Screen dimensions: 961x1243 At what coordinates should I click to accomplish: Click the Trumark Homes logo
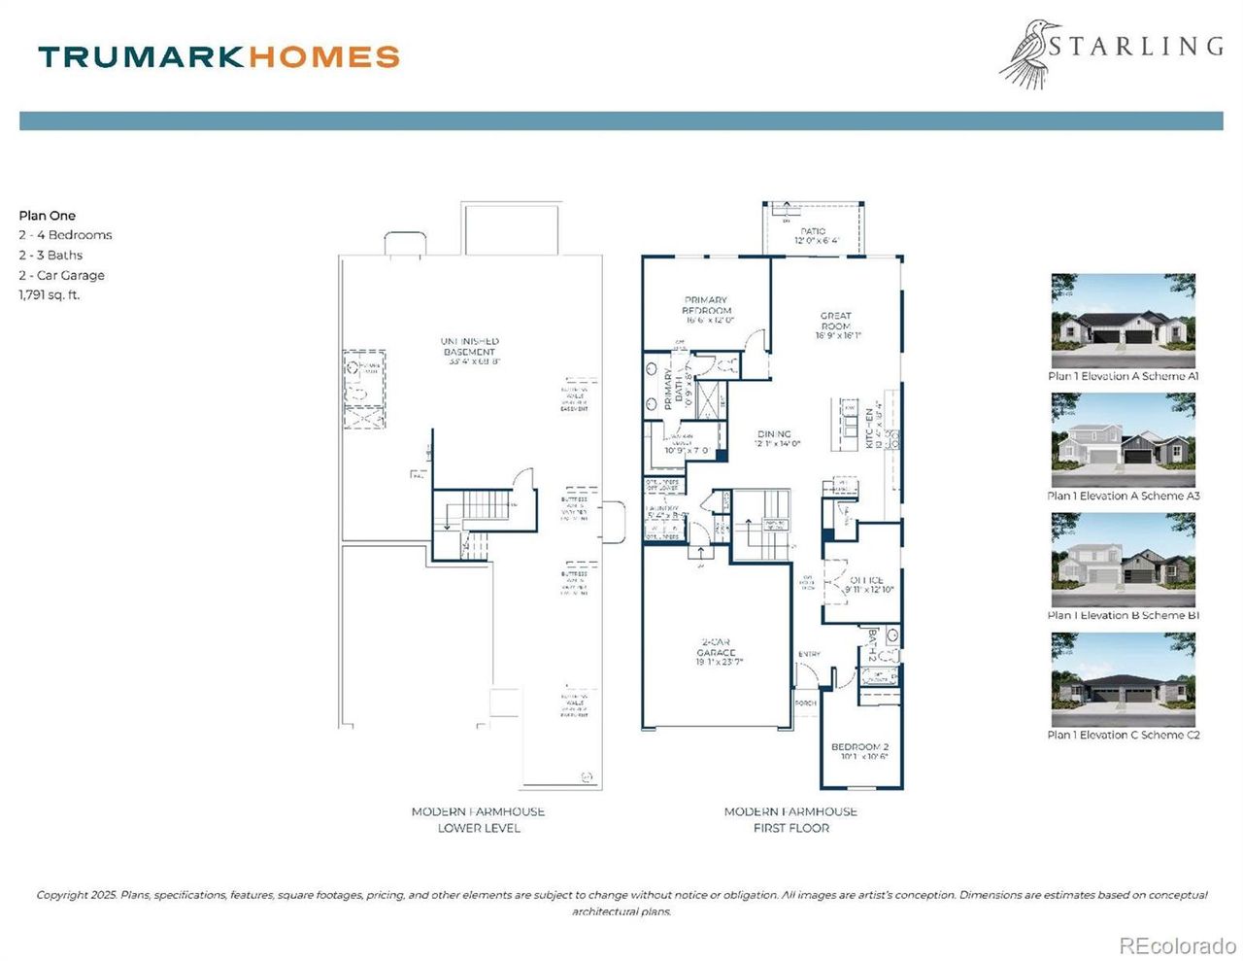coord(218,56)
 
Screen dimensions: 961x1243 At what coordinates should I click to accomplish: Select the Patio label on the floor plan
coord(814,236)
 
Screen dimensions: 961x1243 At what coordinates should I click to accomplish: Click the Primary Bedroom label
coord(706,310)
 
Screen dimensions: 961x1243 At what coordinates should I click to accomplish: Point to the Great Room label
coord(836,326)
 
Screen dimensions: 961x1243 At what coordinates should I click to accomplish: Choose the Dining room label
coord(775,439)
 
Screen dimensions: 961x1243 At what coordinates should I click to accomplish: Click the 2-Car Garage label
coord(716,652)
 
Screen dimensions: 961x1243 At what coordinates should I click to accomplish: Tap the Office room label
coord(867,585)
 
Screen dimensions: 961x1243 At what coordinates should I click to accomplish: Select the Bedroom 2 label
coord(859,751)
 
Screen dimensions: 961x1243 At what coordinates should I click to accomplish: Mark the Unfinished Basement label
coord(470,351)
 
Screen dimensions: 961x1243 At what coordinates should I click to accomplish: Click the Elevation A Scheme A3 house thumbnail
coord(1123,440)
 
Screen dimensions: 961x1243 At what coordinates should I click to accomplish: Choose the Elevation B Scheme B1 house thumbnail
coord(1123,560)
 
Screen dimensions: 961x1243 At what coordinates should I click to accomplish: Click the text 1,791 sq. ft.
coord(50,295)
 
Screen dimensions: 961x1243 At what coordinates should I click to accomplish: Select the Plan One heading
coord(48,216)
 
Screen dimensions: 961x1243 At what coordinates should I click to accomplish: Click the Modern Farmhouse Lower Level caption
coord(479,819)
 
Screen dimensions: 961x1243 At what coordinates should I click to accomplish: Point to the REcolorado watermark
coord(1177,945)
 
